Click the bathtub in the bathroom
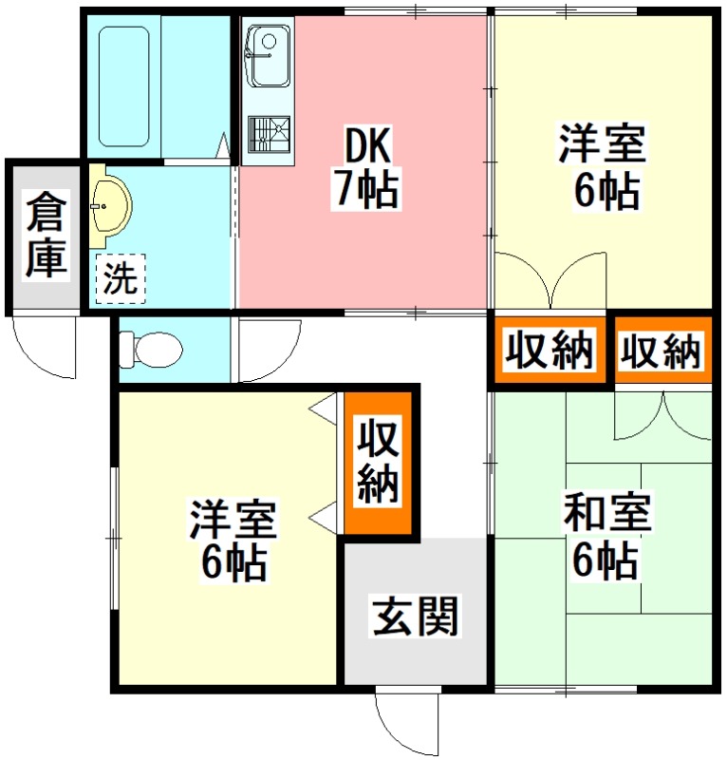(124, 86)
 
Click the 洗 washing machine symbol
(120, 278)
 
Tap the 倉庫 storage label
(46, 235)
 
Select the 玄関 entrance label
(416, 616)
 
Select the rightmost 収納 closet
(661, 351)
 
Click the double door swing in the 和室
(662, 413)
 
